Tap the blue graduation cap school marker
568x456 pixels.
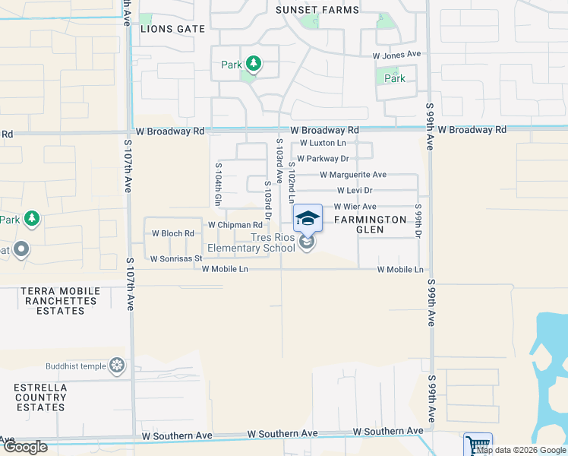[308, 219]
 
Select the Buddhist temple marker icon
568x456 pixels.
[117, 366]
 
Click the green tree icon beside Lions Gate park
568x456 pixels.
[253, 65]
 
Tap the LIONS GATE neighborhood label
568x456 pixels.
[173, 28]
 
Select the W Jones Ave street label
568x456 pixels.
[396, 55]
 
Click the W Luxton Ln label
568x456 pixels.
[324, 143]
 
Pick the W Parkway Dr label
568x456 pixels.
[323, 159]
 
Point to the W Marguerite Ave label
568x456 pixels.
[353, 175]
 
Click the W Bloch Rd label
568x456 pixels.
[173, 233]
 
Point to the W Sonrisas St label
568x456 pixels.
[176, 258]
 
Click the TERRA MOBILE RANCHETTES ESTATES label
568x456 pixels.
[60, 301]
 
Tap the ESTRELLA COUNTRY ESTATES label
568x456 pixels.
[40, 397]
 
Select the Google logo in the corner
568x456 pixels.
[24, 447]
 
